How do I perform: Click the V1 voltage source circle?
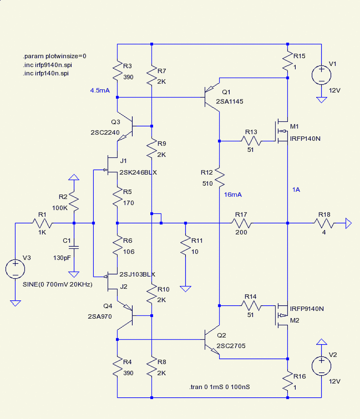[321, 75]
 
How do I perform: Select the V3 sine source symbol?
[15, 269]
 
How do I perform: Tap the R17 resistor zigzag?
[241, 223]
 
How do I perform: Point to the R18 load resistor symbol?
[324, 223]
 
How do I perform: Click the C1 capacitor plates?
[74, 247]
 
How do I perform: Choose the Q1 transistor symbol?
[212, 97]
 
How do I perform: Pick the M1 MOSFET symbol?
[281, 131]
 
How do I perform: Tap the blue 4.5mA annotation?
[100, 90]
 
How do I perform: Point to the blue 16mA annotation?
[233, 194]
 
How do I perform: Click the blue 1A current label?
[296, 190]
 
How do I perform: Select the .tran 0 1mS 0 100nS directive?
[220, 387]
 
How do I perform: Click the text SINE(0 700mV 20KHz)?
[57, 284]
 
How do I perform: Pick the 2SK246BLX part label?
[138, 173]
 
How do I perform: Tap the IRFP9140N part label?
[307, 309]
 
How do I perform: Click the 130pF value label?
[62, 258]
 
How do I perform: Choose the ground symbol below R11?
[186, 288]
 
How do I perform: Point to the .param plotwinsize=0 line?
[54, 56]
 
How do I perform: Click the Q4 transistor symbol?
[125, 316]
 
